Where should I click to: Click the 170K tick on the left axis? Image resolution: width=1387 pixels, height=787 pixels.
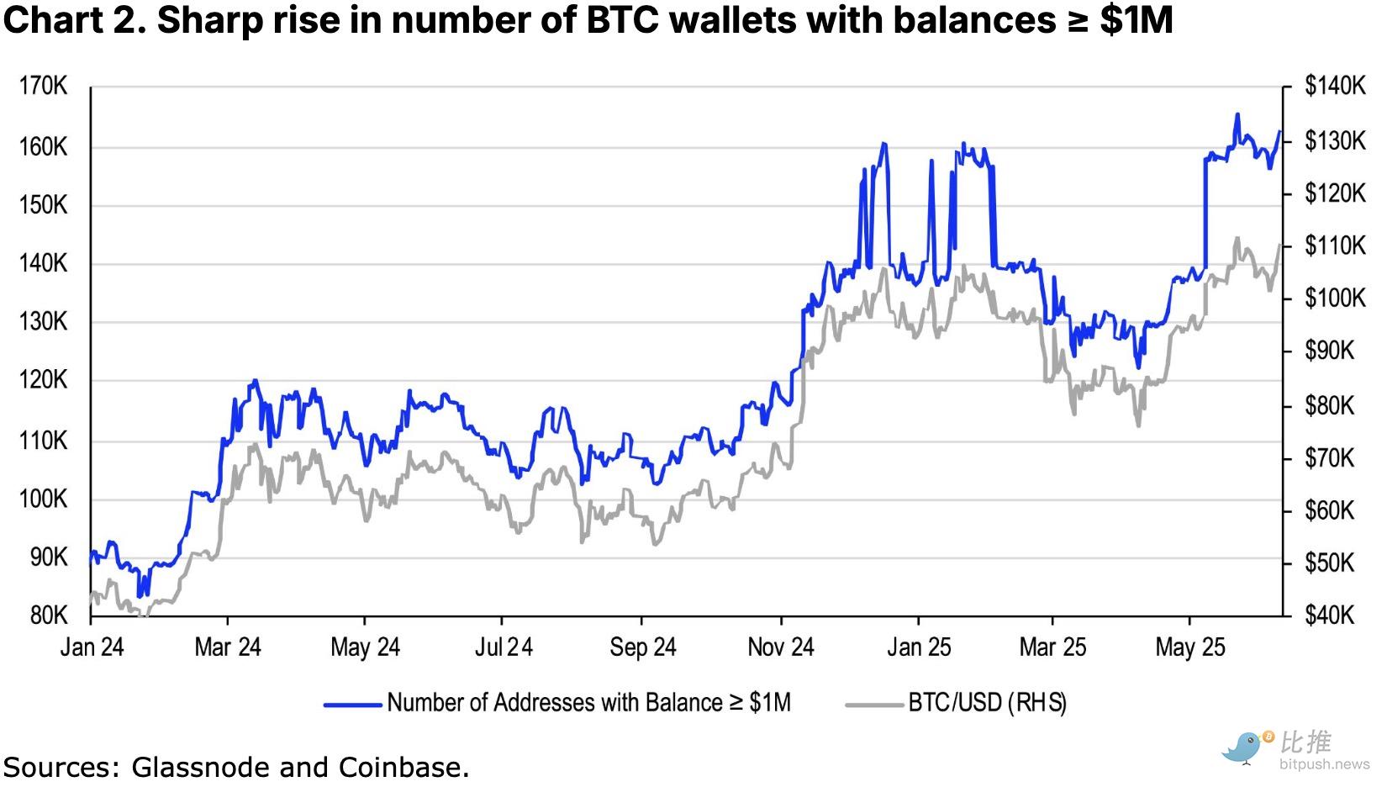43,87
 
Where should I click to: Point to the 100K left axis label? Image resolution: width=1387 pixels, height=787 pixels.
43,499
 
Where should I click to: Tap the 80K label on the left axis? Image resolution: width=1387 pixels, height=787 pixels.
48,615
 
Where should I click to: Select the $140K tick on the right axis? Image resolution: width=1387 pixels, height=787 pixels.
1335,86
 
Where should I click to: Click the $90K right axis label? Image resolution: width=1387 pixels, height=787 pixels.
1331,351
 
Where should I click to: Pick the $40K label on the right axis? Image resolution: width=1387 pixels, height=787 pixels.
1331,615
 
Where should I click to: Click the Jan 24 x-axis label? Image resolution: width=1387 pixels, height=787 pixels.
92,647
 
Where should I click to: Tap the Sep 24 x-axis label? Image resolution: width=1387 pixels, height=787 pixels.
643,647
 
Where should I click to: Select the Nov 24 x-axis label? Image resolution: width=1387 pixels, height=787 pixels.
781,647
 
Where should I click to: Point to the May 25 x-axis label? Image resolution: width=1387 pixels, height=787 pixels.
1190,647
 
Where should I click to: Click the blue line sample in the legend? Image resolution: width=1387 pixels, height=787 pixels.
352,704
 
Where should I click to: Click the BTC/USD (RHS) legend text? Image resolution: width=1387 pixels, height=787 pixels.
987,703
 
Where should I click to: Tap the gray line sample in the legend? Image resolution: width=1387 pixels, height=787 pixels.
874,704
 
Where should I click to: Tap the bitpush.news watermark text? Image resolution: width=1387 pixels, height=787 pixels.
1324,765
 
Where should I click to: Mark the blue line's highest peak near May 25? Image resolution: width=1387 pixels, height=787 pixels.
1237,114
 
